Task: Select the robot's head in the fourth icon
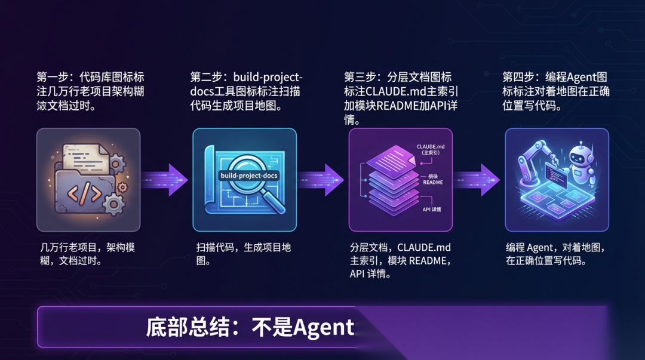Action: point(578,156)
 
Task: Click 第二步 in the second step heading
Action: point(208,78)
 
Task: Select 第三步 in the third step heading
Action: point(362,78)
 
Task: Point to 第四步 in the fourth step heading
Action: point(520,78)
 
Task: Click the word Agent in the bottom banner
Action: point(323,327)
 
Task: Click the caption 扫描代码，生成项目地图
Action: point(244,254)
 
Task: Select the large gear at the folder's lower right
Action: point(113,205)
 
